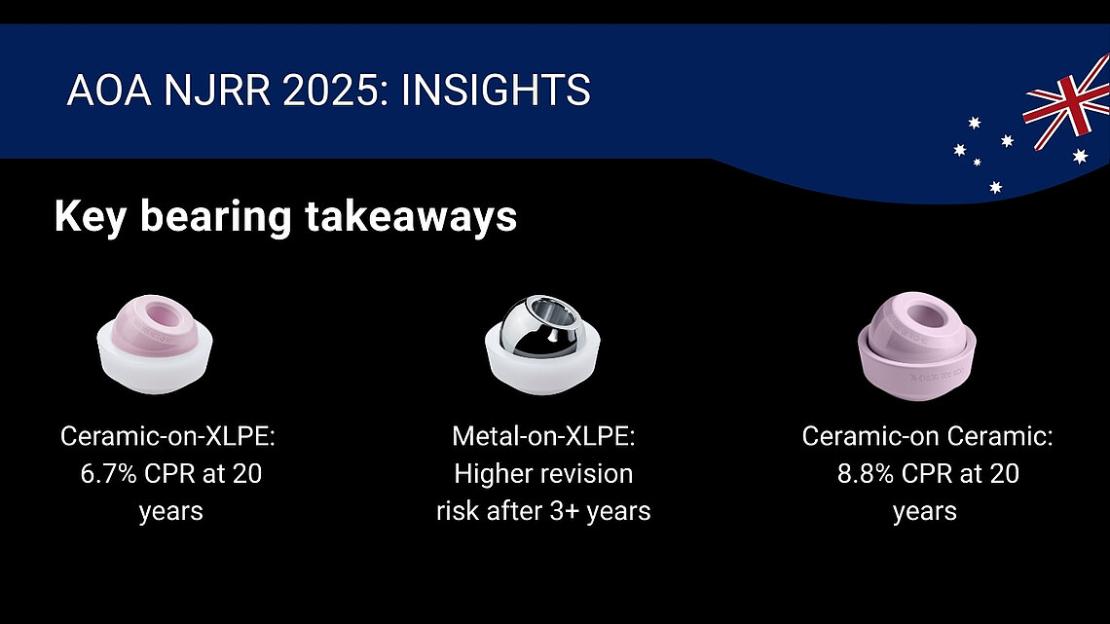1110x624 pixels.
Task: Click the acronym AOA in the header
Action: [x=100, y=91]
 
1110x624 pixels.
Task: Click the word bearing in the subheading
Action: [x=214, y=217]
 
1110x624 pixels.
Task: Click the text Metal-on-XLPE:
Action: [x=543, y=436]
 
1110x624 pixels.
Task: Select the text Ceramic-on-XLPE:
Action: [x=168, y=436]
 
